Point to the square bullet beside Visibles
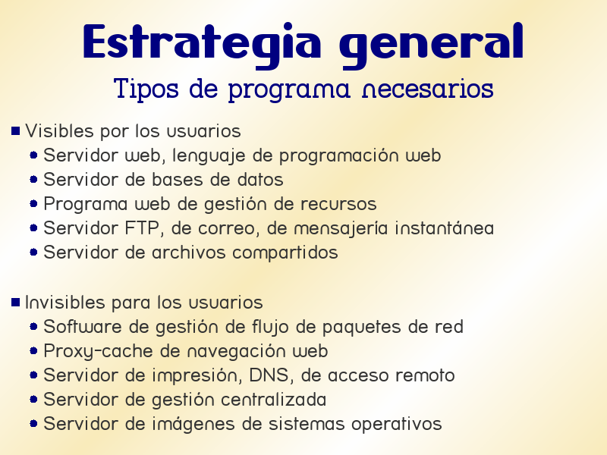pyautogui.click(x=16, y=131)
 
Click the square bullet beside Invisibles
pyautogui.click(x=16, y=303)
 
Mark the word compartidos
pyautogui.click(x=285, y=253)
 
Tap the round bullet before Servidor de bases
pyautogui.click(x=33, y=180)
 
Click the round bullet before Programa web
pyautogui.click(x=33, y=205)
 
